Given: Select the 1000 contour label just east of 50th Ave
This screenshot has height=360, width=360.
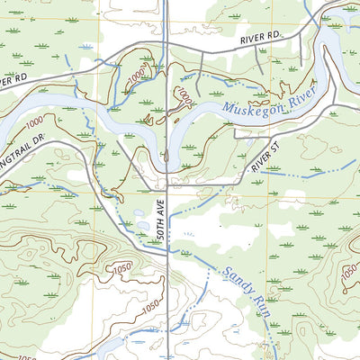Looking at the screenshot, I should point(184,94).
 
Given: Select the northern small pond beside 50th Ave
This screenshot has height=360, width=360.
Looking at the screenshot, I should point(139,216).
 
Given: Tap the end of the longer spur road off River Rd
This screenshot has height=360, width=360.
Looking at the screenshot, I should point(262,72).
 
